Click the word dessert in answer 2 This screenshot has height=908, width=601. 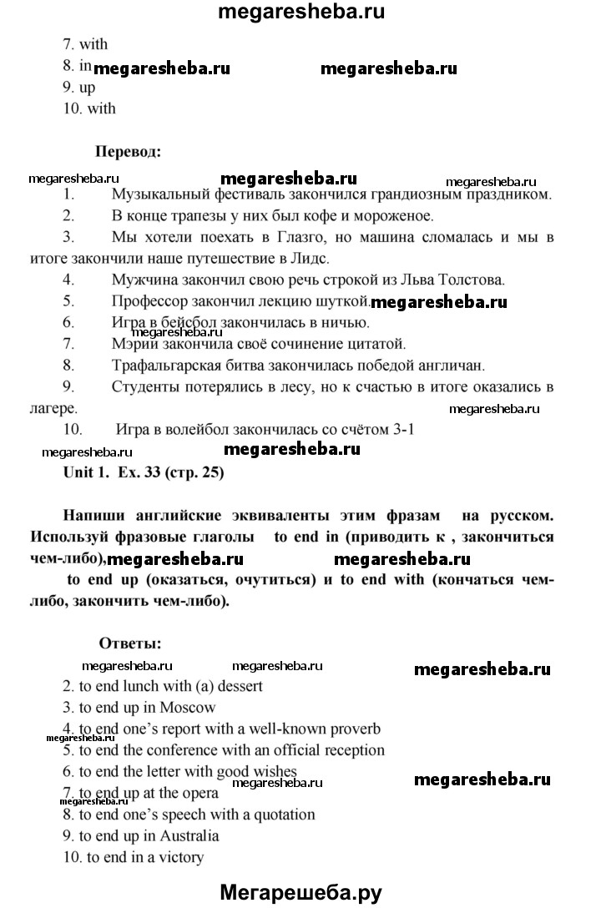pyautogui.click(x=238, y=686)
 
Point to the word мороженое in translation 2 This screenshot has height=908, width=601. pyautogui.click(x=391, y=216)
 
